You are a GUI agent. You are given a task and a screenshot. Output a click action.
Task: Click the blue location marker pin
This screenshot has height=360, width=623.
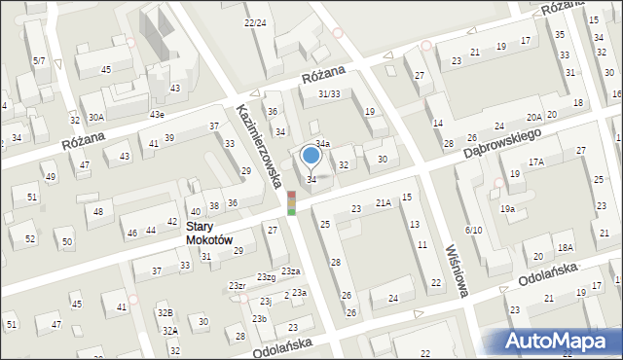click(x=311, y=156)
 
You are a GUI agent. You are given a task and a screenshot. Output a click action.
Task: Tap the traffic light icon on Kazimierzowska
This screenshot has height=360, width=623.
click(x=291, y=203)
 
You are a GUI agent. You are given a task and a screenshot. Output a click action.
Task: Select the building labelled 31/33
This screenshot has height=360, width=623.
click(x=329, y=93)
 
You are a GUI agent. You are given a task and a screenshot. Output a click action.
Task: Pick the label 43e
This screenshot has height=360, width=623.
click(x=157, y=115)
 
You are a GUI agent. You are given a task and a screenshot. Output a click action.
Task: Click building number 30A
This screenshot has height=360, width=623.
click(x=96, y=117)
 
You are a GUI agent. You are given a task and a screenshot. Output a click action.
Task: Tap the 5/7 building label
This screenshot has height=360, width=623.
click(x=39, y=60)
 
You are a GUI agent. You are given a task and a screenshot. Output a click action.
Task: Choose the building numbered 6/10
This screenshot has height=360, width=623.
click(x=474, y=230)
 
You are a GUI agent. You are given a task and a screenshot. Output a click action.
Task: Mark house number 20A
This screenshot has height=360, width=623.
click(x=534, y=117)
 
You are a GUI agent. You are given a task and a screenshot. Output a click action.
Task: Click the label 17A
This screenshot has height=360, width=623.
click(x=536, y=162)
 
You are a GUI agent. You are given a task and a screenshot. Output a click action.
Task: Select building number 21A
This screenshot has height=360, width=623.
click(x=384, y=202)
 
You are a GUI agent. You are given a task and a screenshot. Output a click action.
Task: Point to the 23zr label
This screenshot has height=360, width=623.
click(x=237, y=285)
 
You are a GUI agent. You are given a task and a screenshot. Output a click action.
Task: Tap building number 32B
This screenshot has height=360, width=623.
click(x=165, y=313)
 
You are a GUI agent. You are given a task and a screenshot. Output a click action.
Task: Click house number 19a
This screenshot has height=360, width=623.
click(x=507, y=209)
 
